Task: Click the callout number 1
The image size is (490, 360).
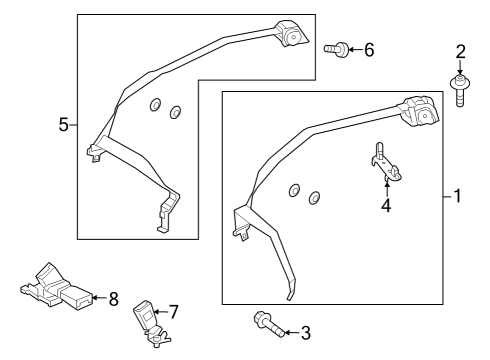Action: [457, 196]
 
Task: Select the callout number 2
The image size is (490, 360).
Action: [460, 52]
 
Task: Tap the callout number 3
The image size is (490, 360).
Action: [306, 333]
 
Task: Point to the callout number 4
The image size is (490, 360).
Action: [386, 205]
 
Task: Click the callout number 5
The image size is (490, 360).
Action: [63, 125]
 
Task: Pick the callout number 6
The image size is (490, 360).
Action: [369, 50]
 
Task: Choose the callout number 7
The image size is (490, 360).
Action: [173, 312]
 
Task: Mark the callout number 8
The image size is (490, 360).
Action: [114, 299]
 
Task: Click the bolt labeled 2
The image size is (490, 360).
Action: [460, 91]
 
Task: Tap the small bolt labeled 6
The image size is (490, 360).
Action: [336, 49]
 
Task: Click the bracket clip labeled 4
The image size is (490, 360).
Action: [386, 163]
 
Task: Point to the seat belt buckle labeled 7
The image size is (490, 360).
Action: [150, 323]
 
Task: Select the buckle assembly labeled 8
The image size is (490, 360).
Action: [56, 287]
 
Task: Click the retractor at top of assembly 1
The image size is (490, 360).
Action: [421, 113]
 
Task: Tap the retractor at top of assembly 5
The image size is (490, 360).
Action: [292, 34]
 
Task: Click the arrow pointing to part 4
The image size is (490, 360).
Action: [387, 187]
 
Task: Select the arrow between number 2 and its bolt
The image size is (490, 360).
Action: [460, 68]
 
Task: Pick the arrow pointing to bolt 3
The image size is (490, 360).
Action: [292, 332]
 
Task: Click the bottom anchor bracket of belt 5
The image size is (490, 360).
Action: [169, 210]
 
